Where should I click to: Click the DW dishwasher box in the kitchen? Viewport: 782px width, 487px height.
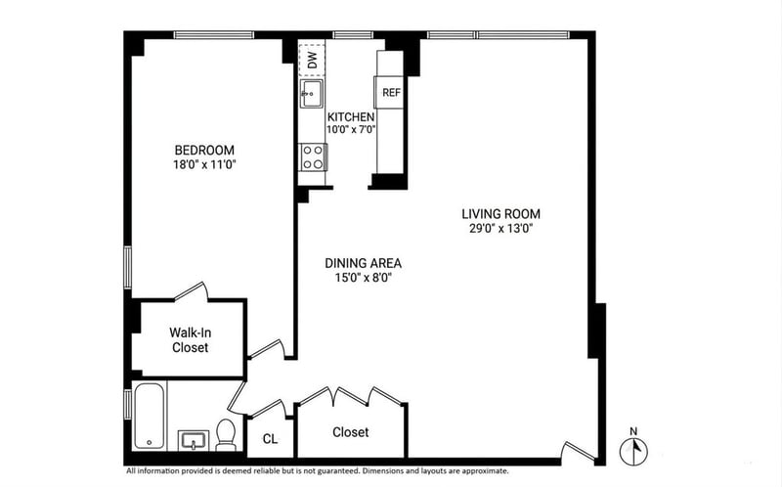[x=312, y=60]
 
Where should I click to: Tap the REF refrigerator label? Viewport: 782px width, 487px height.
[x=392, y=92]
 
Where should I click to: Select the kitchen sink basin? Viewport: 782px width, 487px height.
[x=311, y=93]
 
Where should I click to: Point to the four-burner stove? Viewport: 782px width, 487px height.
[x=313, y=156]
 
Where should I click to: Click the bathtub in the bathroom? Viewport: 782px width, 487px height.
[x=150, y=416]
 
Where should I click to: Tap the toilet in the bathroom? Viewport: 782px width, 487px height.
[x=226, y=435]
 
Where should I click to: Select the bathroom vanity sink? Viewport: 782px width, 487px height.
[x=192, y=441]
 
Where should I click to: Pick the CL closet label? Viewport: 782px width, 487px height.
[x=271, y=439]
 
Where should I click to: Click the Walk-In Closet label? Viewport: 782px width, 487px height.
[x=190, y=339]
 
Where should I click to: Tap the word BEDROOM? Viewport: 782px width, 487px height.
[x=204, y=150]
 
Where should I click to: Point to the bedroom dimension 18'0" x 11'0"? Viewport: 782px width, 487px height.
[x=204, y=164]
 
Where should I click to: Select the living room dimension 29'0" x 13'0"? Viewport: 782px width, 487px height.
[x=500, y=229]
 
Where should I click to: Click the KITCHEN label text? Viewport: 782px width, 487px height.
[x=351, y=116]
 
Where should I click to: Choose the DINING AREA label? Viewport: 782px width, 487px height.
[x=363, y=263]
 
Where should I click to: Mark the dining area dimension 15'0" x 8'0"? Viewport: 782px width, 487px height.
[x=363, y=278]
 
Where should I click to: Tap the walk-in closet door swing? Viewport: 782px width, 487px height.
[x=191, y=291]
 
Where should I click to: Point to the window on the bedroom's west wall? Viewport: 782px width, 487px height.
[x=128, y=267]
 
